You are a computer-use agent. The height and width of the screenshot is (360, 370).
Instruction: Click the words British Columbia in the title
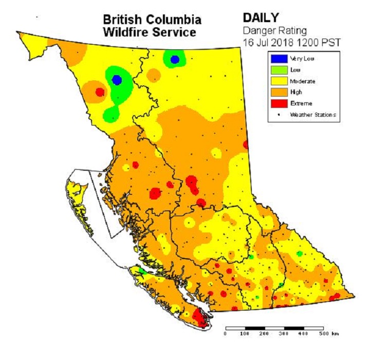[152, 20]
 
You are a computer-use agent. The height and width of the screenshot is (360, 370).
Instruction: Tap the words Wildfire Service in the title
[150, 32]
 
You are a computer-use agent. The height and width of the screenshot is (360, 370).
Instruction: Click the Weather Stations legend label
[313, 115]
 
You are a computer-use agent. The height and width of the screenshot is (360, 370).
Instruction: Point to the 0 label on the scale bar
[225, 334]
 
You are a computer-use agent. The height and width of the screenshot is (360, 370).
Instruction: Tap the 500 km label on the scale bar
[326, 334]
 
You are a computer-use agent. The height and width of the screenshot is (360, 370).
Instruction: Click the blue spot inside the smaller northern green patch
[175, 60]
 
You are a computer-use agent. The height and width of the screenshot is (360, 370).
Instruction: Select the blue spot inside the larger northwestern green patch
[117, 80]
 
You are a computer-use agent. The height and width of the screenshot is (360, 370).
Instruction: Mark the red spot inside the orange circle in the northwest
[100, 92]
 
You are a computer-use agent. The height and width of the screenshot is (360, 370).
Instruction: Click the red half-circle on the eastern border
[246, 145]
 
